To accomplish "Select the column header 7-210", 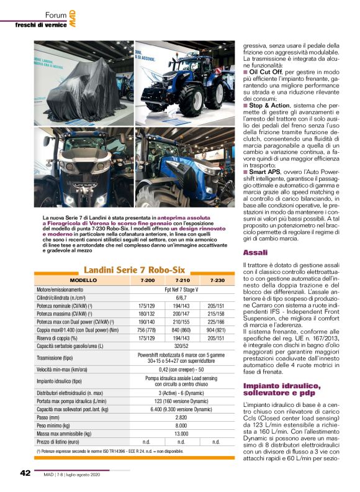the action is [x=182, y=281].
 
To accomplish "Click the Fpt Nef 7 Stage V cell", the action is [x=181, y=289].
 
